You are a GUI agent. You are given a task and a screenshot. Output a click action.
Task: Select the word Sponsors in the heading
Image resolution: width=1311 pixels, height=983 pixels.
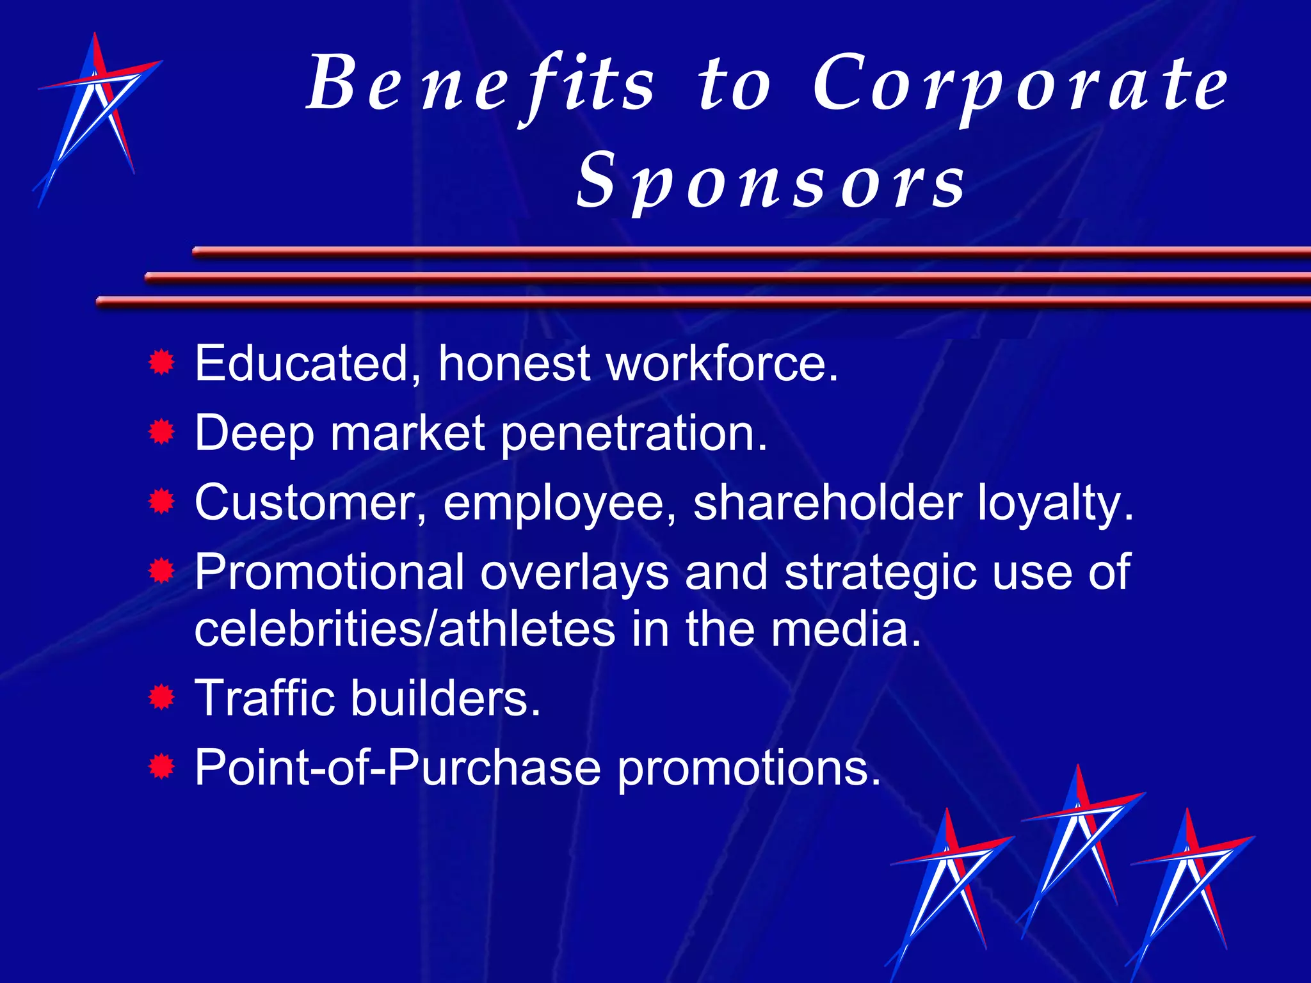click(771, 182)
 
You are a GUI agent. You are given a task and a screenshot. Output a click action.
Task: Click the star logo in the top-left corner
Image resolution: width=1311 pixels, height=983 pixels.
click(96, 118)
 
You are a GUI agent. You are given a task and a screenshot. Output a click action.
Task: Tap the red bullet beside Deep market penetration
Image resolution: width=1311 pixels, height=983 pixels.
click(161, 433)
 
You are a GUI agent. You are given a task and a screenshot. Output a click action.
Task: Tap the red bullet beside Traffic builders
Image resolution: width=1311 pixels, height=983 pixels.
click(161, 698)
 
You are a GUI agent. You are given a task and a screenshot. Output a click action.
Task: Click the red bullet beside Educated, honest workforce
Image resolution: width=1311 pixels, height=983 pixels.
click(161, 364)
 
